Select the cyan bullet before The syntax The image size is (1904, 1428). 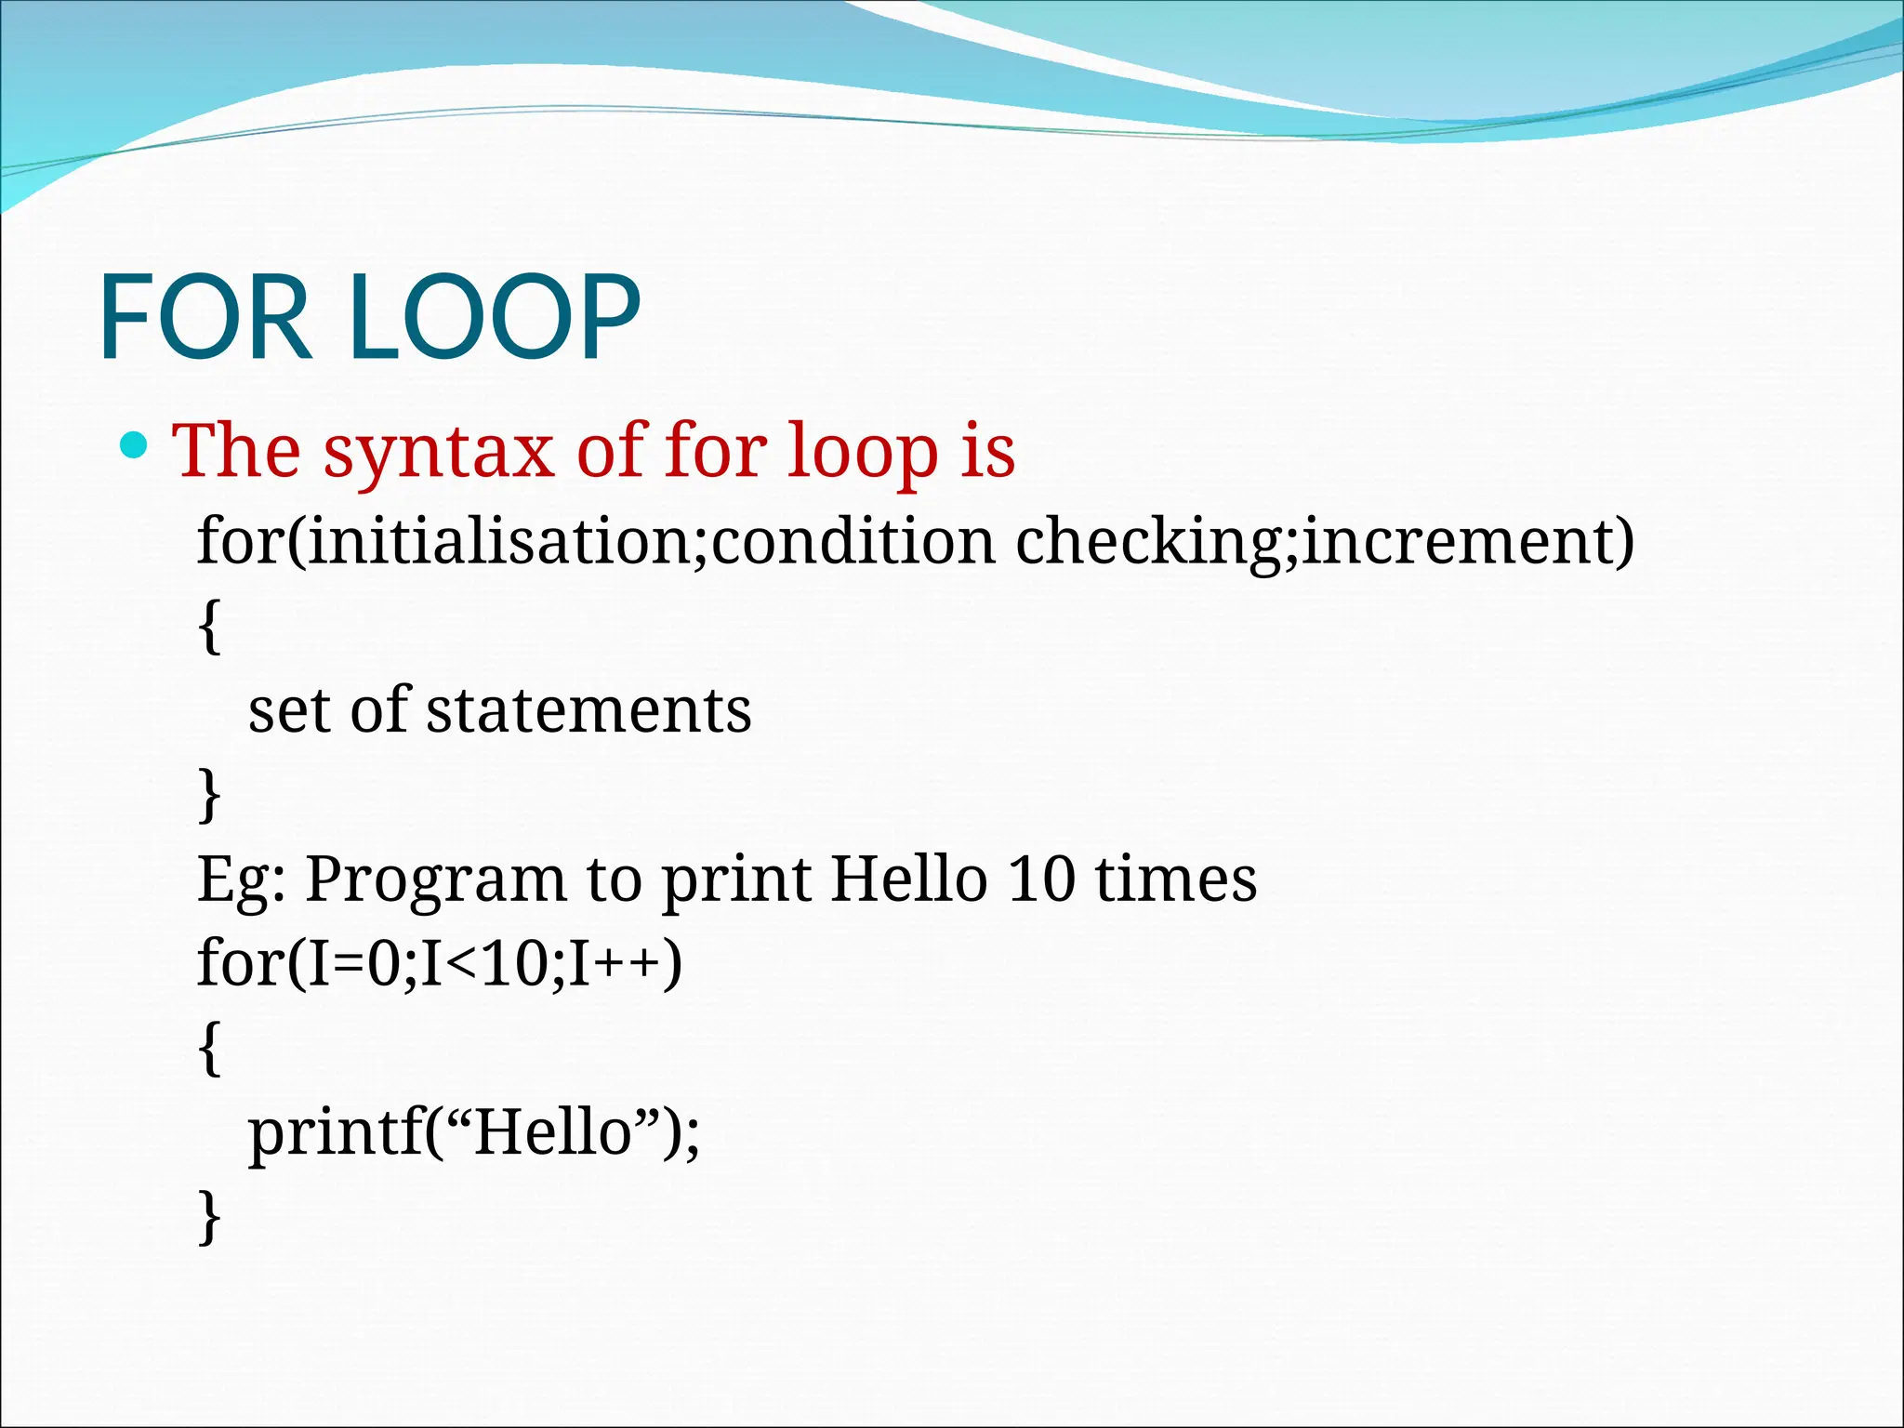pos(135,446)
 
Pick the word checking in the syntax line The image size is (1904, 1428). pos(1148,543)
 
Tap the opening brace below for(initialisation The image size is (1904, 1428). pos(210,627)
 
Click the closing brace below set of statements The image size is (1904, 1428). pos(210,794)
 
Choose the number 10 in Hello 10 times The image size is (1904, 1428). pos(1040,879)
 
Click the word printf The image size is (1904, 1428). pos(335,1135)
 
